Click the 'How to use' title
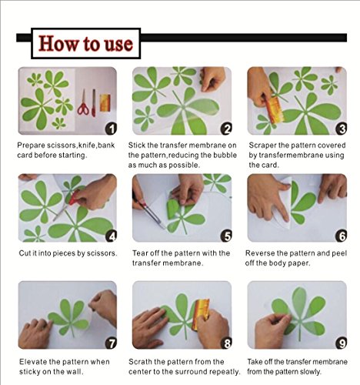tap(85, 43)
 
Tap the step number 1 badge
tap(111, 129)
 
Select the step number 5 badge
tap(226, 236)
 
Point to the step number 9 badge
tap(342, 343)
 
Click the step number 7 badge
tap(111, 343)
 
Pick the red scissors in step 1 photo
tap(83, 102)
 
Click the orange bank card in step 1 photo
tap(105, 102)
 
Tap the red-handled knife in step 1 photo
tap(94, 103)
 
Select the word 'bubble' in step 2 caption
tap(225, 155)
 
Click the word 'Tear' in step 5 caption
tap(140, 253)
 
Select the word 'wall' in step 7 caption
tap(76, 372)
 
